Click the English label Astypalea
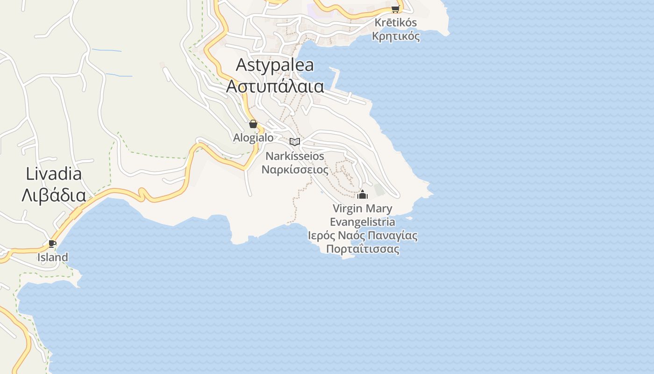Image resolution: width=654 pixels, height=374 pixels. click(275, 65)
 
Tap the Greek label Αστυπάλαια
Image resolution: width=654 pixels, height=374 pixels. click(275, 86)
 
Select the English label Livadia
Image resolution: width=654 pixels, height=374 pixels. click(54, 174)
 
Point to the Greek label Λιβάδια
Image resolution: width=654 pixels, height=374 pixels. click(54, 195)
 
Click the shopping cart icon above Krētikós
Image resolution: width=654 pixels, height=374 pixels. click(395, 9)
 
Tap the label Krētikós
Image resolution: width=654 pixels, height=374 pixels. click(396, 22)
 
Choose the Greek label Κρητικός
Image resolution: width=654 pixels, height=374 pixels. click(396, 36)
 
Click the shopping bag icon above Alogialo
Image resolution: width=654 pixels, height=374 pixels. click(253, 124)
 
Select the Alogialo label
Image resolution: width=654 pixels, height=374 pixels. click(253, 137)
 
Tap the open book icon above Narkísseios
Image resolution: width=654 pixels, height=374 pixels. click(295, 142)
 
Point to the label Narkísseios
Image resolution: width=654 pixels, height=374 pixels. click(295, 156)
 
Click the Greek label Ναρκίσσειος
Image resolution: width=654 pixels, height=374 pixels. click(295, 169)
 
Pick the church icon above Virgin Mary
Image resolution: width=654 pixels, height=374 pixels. click(363, 194)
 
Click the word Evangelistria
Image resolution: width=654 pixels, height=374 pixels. click(363, 222)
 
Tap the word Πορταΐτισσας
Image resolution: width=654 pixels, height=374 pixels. click(363, 249)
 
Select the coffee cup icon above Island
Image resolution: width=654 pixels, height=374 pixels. click(52, 244)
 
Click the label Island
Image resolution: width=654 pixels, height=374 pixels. click(53, 257)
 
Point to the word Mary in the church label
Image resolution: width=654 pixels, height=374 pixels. click(377, 209)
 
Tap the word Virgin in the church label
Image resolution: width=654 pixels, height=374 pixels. click(347, 208)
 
